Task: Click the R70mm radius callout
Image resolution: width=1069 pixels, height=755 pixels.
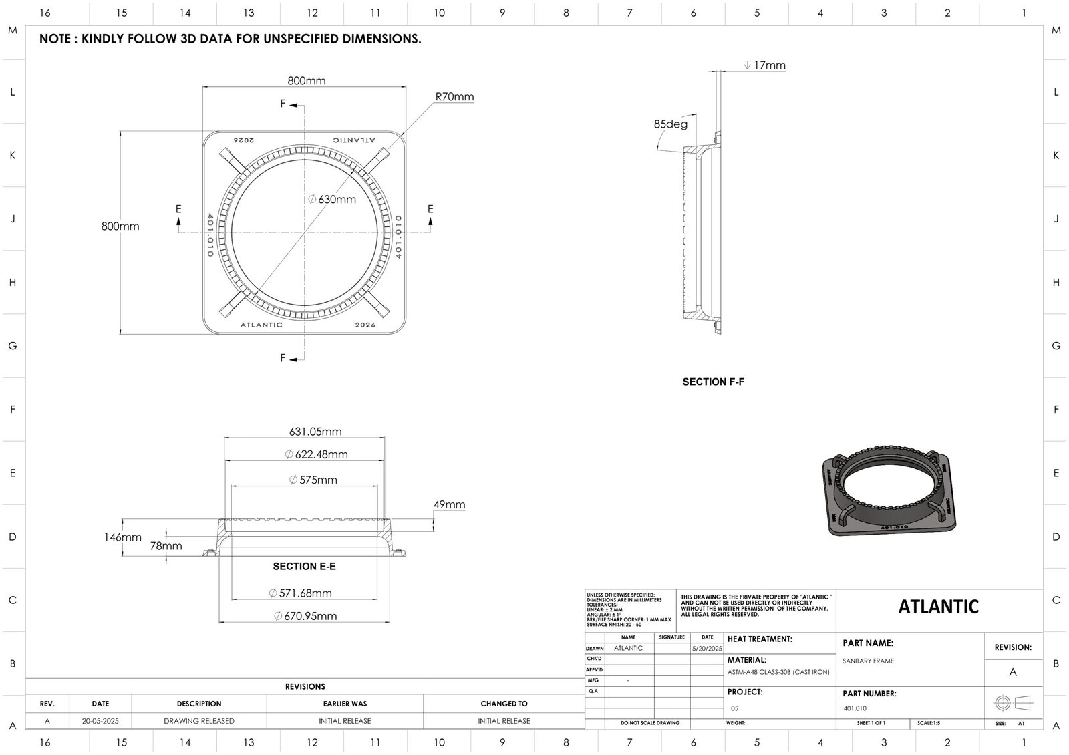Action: tap(454, 97)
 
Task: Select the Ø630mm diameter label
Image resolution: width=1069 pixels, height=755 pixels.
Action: tap(332, 199)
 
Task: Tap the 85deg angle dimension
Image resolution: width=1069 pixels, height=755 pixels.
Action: tap(670, 124)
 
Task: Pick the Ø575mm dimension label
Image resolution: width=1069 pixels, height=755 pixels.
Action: tap(313, 480)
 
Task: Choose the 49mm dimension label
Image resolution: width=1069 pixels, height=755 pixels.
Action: tap(449, 505)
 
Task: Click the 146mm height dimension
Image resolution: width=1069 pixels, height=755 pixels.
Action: tap(122, 537)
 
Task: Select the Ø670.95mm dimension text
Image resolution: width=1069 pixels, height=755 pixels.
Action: tap(305, 616)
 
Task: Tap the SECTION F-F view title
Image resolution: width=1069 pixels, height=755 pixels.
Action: tap(713, 382)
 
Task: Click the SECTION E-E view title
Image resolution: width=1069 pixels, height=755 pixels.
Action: tap(304, 567)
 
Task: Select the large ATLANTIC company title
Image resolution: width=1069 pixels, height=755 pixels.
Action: tap(938, 607)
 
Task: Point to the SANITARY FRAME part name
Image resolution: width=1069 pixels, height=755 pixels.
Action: tap(868, 661)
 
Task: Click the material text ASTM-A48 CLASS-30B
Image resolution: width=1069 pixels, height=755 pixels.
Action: tap(778, 672)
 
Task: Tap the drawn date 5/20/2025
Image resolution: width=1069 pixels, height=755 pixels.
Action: tap(707, 649)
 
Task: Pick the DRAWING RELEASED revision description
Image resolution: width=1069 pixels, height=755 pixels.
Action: tap(199, 721)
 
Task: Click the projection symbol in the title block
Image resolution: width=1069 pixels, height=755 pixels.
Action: tap(1013, 703)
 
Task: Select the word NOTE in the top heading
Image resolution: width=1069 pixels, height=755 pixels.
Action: tap(55, 39)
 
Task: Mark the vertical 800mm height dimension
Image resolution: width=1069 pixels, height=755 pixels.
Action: tap(120, 226)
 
